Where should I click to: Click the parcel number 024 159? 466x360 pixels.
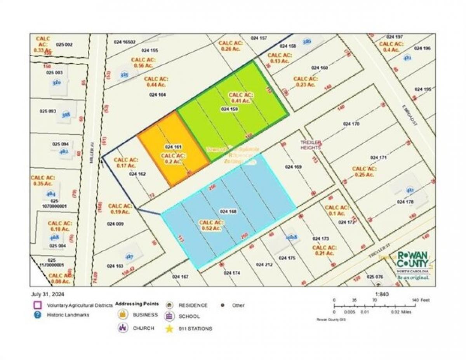(x=229, y=109)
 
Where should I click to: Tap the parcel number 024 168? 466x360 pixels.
(x=228, y=212)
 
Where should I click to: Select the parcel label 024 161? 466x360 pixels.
(x=173, y=147)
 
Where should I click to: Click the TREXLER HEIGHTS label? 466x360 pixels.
(x=310, y=145)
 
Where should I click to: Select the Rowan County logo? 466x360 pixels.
(x=413, y=265)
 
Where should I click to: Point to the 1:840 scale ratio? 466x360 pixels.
(x=382, y=294)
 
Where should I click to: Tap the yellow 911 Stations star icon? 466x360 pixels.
(x=169, y=329)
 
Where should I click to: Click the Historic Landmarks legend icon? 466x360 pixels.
(x=37, y=315)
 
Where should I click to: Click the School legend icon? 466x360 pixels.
(x=169, y=316)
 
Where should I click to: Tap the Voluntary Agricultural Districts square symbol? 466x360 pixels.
(x=37, y=305)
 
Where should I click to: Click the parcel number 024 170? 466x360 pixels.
(x=351, y=124)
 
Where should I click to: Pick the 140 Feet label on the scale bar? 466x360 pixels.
(x=422, y=300)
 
